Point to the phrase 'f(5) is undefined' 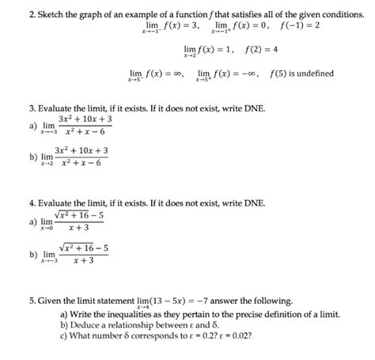[x=301, y=74]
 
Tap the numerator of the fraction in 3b [x=81, y=150]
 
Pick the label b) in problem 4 [x=32, y=254]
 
